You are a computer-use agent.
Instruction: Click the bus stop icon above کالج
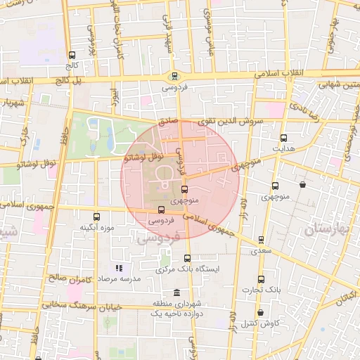point(72,55)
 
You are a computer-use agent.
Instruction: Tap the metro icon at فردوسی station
point(174,77)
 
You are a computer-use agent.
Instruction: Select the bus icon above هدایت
point(283,139)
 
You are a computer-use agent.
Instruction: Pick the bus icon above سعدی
point(262,240)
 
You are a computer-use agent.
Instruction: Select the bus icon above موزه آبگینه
point(97,217)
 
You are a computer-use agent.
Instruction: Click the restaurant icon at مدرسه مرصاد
point(119,268)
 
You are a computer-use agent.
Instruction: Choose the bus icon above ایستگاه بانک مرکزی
point(186,258)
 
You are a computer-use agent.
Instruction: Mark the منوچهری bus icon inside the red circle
point(185,189)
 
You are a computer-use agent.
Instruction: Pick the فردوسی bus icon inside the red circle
point(162,210)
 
